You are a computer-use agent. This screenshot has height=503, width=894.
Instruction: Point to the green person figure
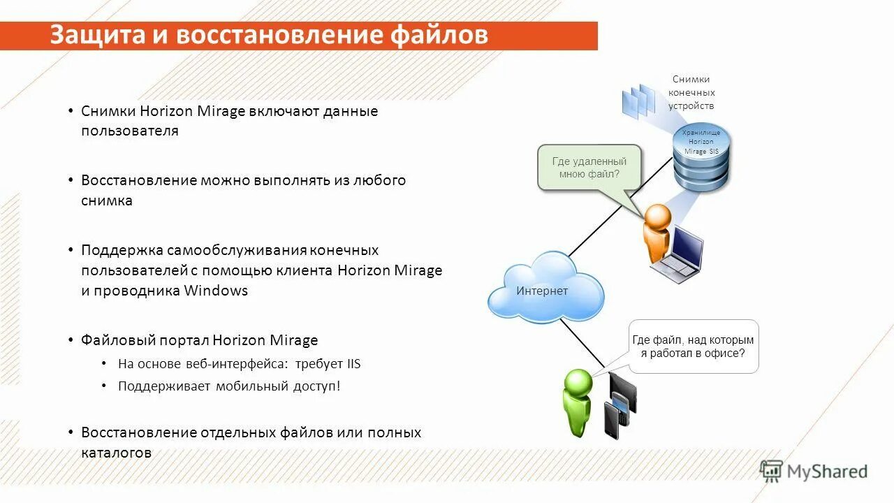click(578, 401)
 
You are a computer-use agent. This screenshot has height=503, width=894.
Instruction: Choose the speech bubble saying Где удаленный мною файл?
click(589, 168)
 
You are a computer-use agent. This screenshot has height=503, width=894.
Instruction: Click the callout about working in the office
click(693, 347)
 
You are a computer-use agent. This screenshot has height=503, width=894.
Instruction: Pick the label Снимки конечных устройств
click(691, 92)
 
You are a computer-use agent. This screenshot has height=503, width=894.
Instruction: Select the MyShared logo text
click(827, 472)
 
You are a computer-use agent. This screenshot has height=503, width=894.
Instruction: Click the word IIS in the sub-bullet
click(353, 364)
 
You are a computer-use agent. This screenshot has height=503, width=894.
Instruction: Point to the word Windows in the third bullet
click(216, 291)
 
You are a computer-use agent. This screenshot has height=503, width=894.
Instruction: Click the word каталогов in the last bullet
click(116, 453)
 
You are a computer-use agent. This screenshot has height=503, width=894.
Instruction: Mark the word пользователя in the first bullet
click(130, 131)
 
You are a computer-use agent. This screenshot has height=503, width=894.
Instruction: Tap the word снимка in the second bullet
click(107, 201)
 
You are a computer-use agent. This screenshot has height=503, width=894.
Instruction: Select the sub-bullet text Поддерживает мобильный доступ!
click(229, 386)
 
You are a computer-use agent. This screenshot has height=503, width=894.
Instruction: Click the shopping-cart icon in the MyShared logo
click(771, 471)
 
